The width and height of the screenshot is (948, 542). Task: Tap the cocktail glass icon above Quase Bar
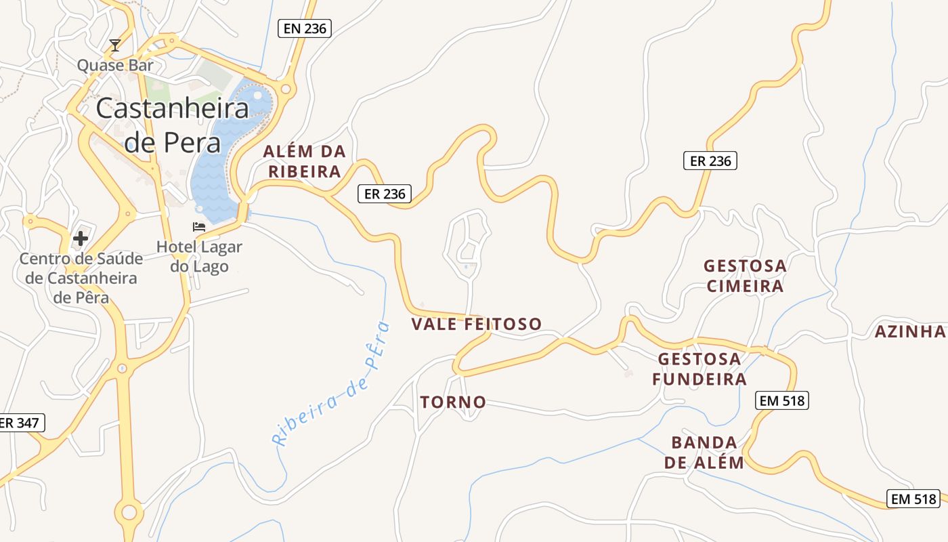pyautogui.click(x=115, y=45)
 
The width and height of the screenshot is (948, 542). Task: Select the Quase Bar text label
pyautogui.click(x=115, y=65)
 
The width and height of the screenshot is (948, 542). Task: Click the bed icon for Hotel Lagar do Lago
pyautogui.click(x=199, y=226)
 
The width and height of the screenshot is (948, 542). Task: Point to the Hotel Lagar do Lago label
pyautogui.click(x=199, y=256)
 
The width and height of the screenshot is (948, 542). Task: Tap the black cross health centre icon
pyautogui.click(x=81, y=238)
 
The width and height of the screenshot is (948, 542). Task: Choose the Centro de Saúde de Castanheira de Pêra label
pyautogui.click(x=81, y=278)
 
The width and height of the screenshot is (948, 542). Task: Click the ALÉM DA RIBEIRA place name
pyautogui.click(x=305, y=161)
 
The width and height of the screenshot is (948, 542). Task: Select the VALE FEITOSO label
pyautogui.click(x=477, y=324)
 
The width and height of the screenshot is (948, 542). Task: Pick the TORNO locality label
pyautogui.click(x=453, y=402)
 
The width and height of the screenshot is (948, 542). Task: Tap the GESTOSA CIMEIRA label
pyautogui.click(x=745, y=276)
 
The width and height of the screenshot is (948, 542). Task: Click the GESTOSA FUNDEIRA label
pyautogui.click(x=699, y=368)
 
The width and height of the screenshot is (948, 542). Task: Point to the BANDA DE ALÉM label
pyautogui.click(x=704, y=453)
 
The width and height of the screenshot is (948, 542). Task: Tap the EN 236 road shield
pyautogui.click(x=305, y=28)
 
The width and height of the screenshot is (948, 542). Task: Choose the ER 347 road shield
pyautogui.click(x=20, y=423)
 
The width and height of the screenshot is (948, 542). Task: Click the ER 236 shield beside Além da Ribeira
pyautogui.click(x=385, y=194)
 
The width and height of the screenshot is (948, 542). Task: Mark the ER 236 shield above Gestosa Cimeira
pyautogui.click(x=710, y=161)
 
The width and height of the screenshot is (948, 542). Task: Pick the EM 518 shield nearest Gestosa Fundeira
pyautogui.click(x=782, y=400)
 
